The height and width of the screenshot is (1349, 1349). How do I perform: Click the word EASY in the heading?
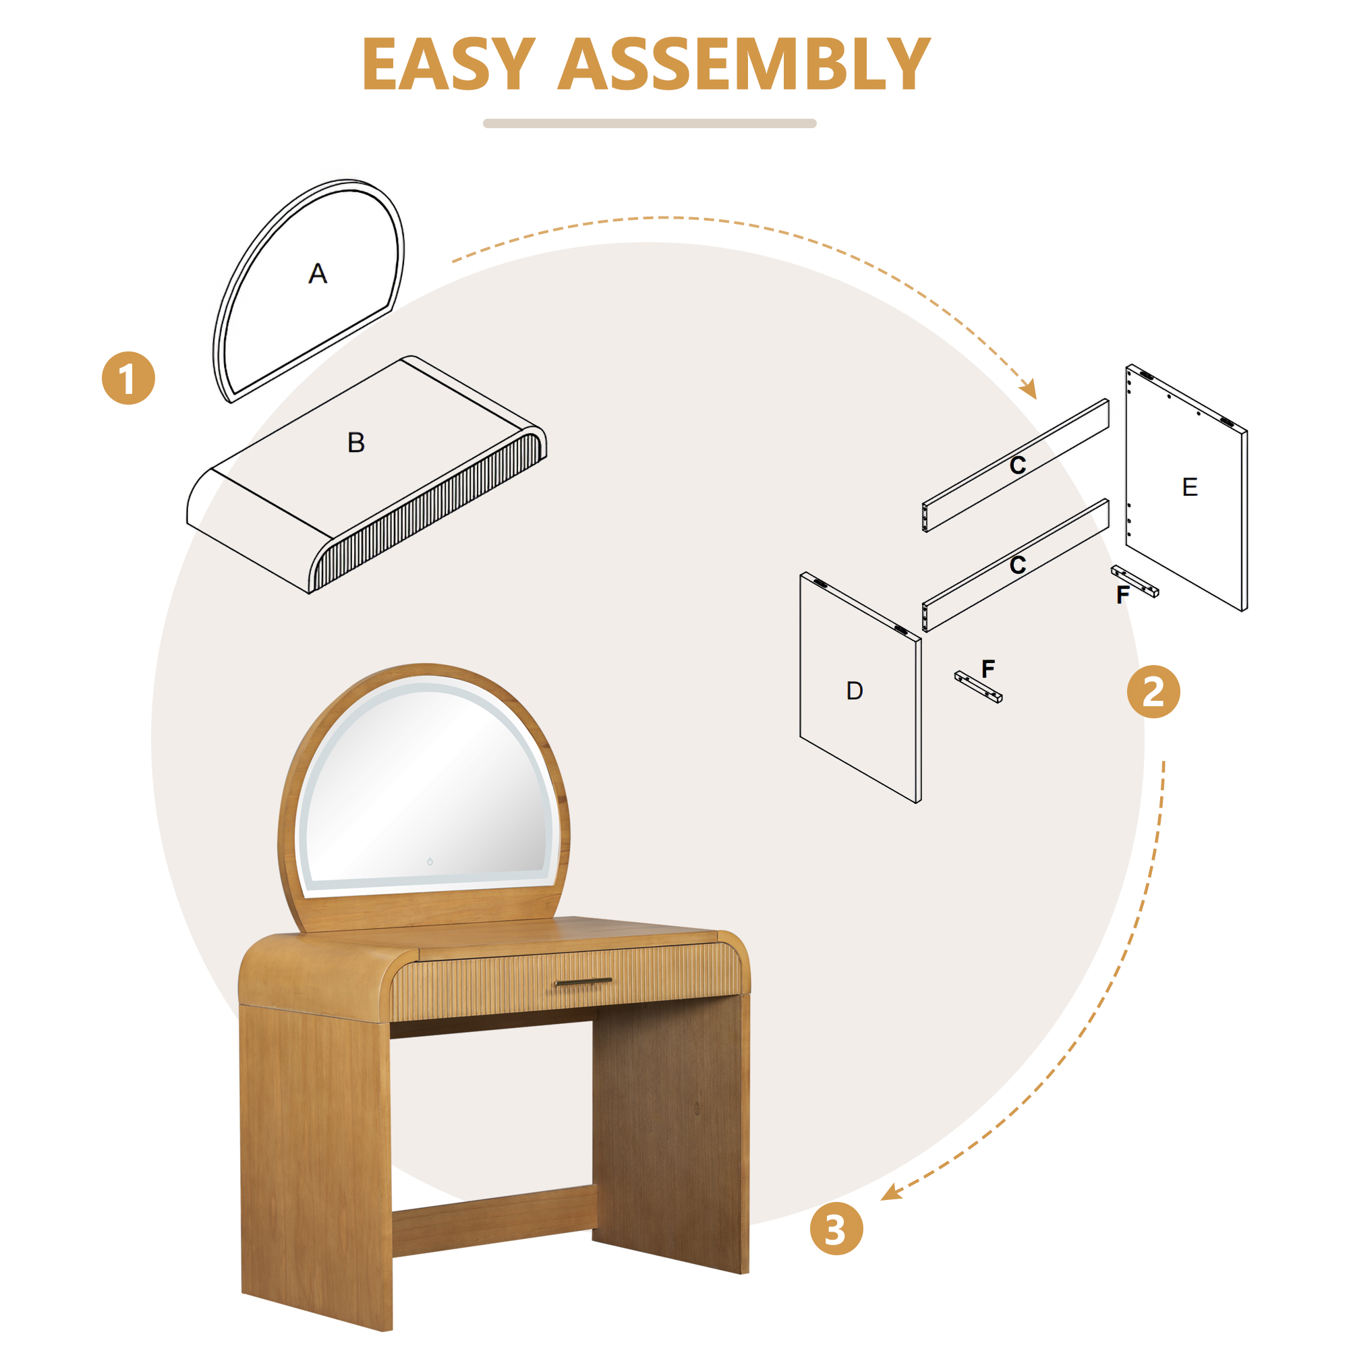(x=449, y=64)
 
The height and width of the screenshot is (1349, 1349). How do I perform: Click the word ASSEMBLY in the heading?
(x=745, y=64)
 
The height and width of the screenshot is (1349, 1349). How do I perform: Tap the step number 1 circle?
(x=128, y=378)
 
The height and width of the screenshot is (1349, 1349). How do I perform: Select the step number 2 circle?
(x=1153, y=691)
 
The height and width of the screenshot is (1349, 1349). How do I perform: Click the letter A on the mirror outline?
(x=318, y=273)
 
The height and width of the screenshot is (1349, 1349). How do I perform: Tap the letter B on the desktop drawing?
(x=356, y=442)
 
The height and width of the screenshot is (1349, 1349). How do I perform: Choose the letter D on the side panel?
(x=855, y=691)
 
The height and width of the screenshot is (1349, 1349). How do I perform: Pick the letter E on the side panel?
(x=1190, y=487)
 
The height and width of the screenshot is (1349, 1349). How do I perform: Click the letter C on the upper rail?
(x=1018, y=465)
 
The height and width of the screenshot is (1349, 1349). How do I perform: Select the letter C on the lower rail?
(x=1018, y=565)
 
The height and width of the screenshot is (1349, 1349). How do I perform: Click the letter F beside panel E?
(x=1123, y=594)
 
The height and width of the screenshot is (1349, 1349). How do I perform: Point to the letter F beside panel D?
(x=988, y=668)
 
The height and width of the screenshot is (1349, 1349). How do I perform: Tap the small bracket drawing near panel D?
(x=978, y=687)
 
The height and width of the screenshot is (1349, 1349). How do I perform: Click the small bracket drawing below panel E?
(x=1135, y=581)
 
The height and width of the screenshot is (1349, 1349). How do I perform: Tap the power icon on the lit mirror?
(x=430, y=861)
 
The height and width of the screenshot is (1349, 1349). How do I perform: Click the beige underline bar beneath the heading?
(x=650, y=123)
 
